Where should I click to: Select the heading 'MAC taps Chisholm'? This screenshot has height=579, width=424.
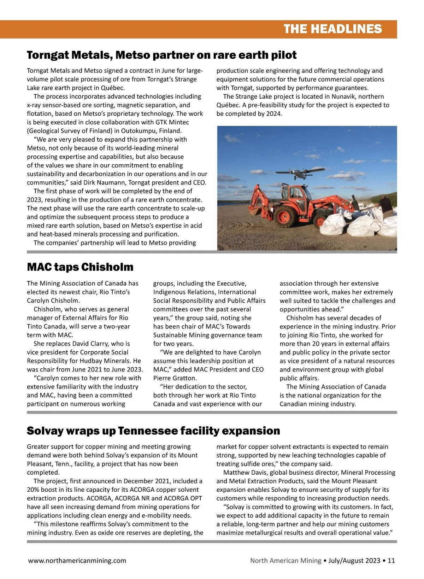80,267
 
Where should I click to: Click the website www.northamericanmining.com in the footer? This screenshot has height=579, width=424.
77,560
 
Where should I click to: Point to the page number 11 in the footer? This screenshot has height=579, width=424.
391,560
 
